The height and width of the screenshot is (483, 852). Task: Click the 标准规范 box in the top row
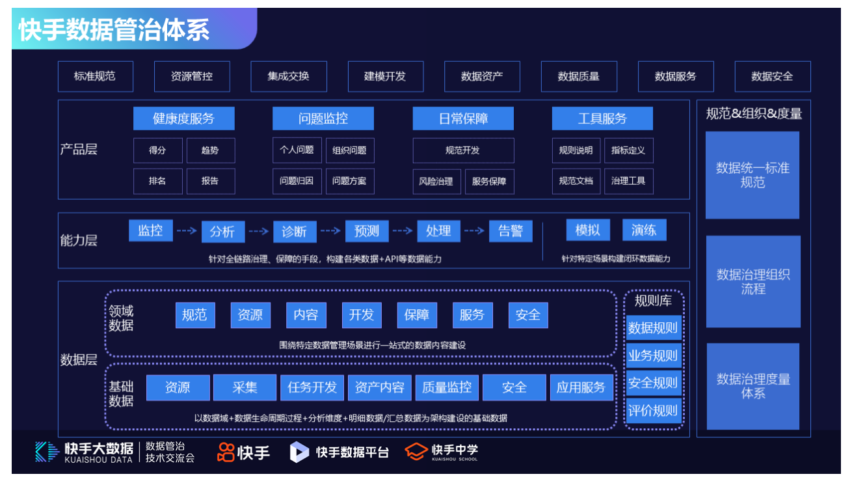coord(95,76)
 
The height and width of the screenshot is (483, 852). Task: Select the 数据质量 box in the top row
coord(579,76)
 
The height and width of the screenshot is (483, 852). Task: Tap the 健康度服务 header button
coord(183,118)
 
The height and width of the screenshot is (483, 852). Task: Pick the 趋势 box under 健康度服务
coord(210,150)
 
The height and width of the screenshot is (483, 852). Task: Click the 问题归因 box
coord(297,181)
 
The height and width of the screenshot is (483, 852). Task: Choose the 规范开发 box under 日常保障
coord(463,150)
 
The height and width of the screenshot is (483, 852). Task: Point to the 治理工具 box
coord(628,181)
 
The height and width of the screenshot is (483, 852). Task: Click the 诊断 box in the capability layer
coord(295,232)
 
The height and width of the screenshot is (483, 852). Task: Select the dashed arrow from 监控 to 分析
coord(186,230)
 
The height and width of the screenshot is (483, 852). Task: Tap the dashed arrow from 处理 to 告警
coord(474,230)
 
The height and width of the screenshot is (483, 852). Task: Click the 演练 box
coord(644,230)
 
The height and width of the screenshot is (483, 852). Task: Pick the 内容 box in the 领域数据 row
coord(306,315)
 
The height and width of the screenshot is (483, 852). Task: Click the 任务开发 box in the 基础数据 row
coord(312,387)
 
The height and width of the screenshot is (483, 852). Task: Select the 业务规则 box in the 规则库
coord(653,355)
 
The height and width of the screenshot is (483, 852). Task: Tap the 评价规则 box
coord(653,411)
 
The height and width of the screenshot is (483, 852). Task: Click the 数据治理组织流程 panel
coord(753,281)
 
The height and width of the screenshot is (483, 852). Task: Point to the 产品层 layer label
coord(79,149)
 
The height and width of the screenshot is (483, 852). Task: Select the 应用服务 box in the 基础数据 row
coord(581,387)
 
